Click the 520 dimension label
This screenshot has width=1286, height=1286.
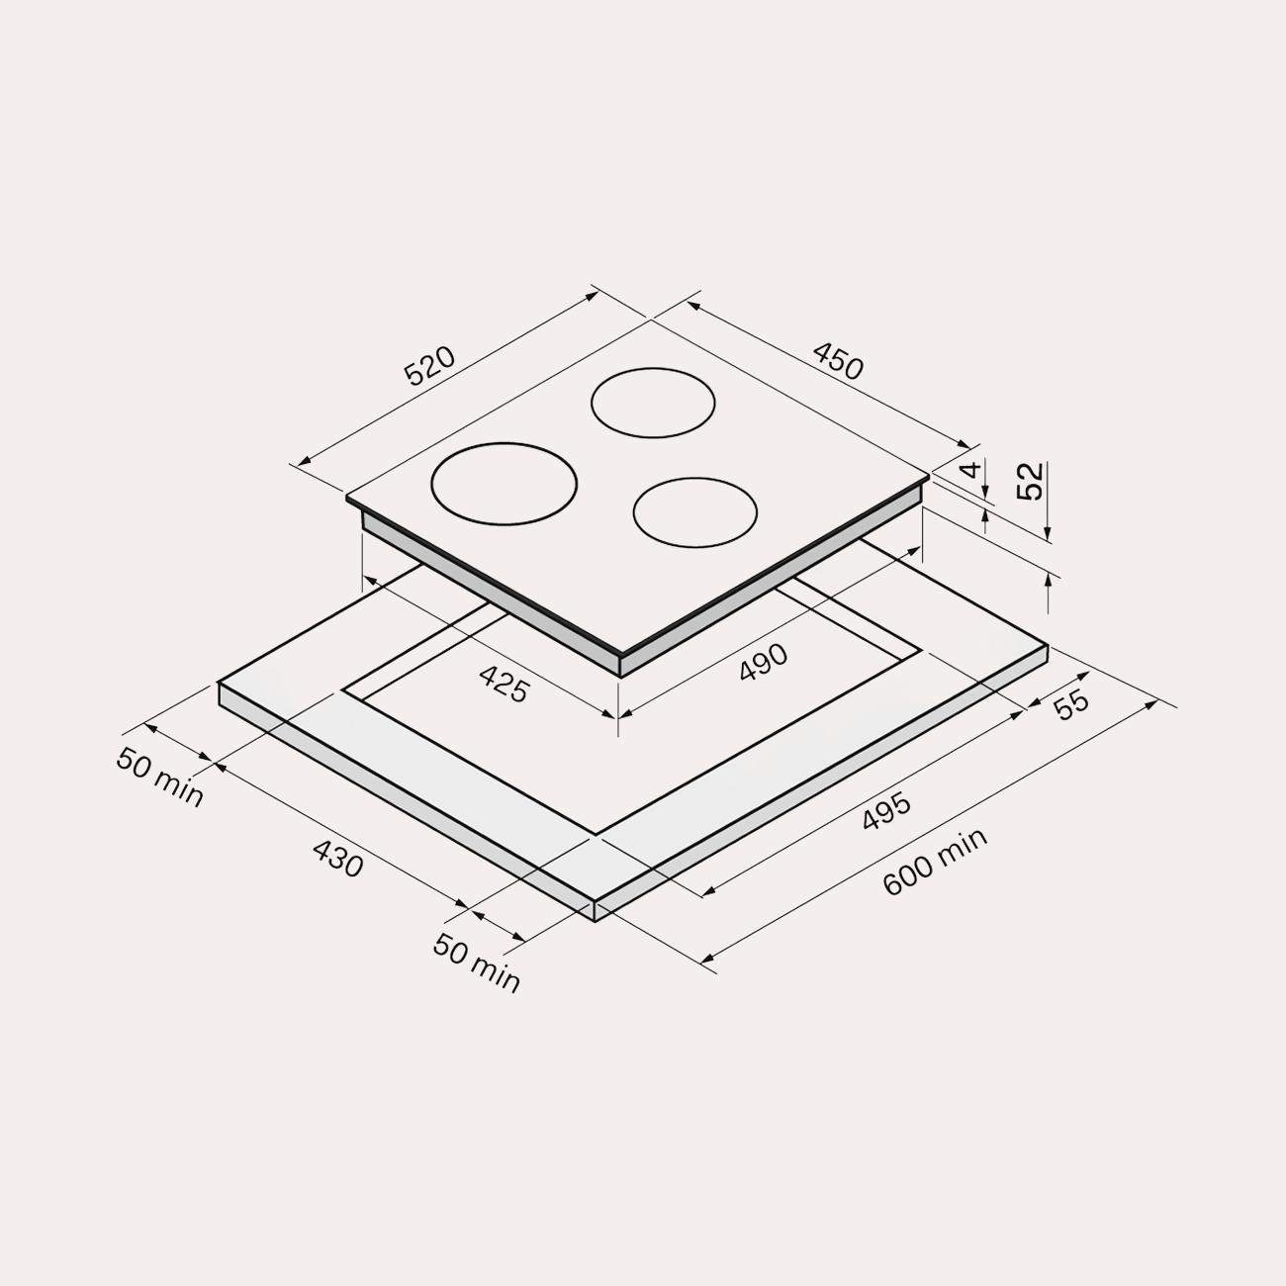[x=429, y=365]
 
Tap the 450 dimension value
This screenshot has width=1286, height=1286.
[x=838, y=361]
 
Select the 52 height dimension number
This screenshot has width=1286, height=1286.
[x=1030, y=481]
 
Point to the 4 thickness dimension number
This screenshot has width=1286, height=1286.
[x=972, y=469]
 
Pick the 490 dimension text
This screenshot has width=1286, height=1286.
[x=764, y=662]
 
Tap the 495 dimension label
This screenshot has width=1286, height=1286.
[x=885, y=811]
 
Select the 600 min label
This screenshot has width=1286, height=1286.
[x=934, y=862]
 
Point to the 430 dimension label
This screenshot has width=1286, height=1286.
[x=338, y=859]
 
